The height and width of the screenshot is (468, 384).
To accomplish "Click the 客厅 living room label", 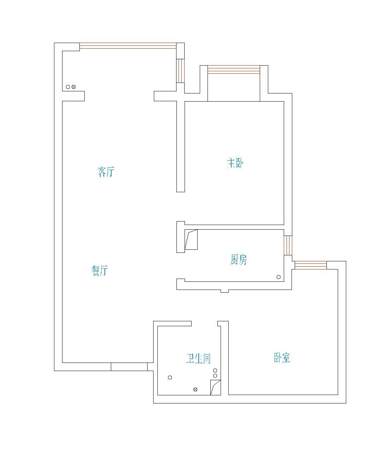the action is click(x=106, y=171).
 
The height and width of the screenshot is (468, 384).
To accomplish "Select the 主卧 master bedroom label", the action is click(x=235, y=163).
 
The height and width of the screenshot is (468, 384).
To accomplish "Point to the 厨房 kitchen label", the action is click(x=239, y=260).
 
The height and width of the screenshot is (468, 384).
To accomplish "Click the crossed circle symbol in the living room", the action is click(x=73, y=87).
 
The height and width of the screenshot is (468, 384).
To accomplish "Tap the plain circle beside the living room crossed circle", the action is click(x=68, y=87).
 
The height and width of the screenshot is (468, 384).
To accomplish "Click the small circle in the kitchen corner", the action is click(x=278, y=277).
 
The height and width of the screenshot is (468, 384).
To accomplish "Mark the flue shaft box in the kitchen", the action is click(x=191, y=239).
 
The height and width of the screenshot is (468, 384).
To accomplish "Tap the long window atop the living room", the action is click(x=128, y=46).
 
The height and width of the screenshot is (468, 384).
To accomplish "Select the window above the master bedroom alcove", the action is click(x=234, y=69).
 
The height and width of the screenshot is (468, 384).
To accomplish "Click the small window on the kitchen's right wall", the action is click(x=288, y=245).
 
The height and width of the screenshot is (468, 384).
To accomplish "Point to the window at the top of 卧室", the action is click(x=311, y=265).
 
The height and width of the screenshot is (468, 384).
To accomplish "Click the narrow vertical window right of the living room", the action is click(x=180, y=71).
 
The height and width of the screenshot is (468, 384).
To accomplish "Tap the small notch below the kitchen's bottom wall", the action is click(x=224, y=291).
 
